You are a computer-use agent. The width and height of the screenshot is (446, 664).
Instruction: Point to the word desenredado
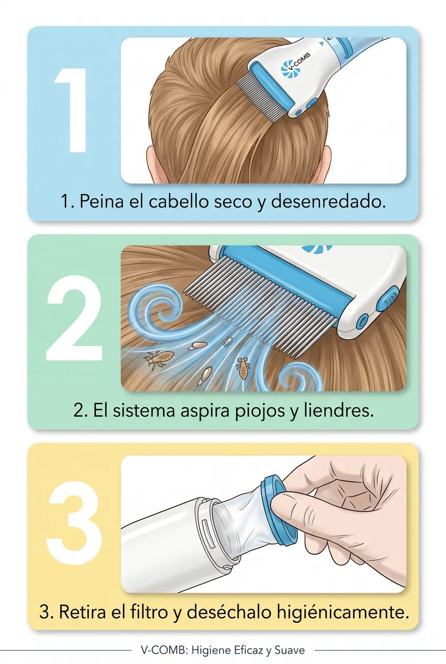[328, 202]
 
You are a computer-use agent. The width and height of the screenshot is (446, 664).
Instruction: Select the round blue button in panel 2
[362, 321]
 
